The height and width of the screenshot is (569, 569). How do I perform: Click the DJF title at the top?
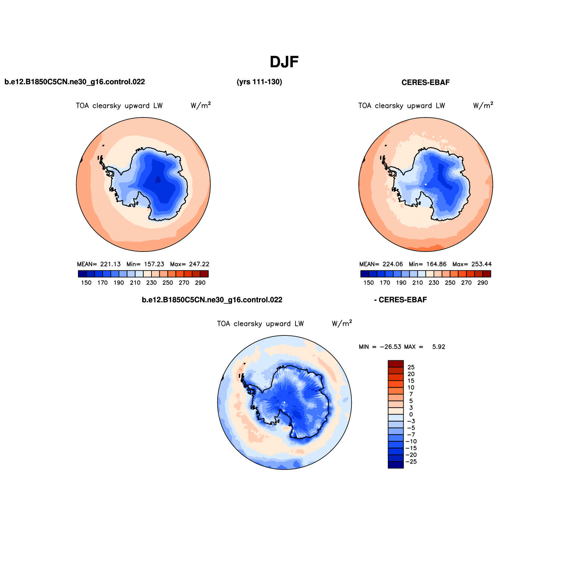284,62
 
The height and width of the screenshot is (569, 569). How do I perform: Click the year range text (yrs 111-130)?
259,82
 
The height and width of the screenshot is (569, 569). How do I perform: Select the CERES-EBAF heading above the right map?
425,82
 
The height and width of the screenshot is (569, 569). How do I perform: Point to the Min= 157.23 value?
145,264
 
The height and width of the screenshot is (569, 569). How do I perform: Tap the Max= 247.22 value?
190,264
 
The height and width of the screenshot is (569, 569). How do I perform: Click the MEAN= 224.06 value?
381,264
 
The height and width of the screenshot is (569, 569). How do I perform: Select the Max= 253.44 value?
472,264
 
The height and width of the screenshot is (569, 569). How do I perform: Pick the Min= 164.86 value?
428,264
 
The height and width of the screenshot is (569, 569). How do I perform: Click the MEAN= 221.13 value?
99,264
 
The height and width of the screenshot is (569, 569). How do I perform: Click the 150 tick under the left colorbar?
86,283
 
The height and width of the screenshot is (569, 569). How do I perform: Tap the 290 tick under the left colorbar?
200,283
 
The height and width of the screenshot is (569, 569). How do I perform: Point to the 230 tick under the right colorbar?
434,283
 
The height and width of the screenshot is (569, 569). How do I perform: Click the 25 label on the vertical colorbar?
411,368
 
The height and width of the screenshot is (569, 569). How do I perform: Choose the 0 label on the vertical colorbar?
411,415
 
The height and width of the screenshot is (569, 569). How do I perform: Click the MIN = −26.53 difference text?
380,347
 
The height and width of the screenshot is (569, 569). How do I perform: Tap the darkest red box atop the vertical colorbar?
396,364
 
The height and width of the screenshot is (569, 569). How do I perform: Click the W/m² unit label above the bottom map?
342,323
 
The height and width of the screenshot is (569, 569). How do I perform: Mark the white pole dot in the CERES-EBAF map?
426,184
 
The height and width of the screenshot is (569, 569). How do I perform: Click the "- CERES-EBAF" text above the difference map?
400,300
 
